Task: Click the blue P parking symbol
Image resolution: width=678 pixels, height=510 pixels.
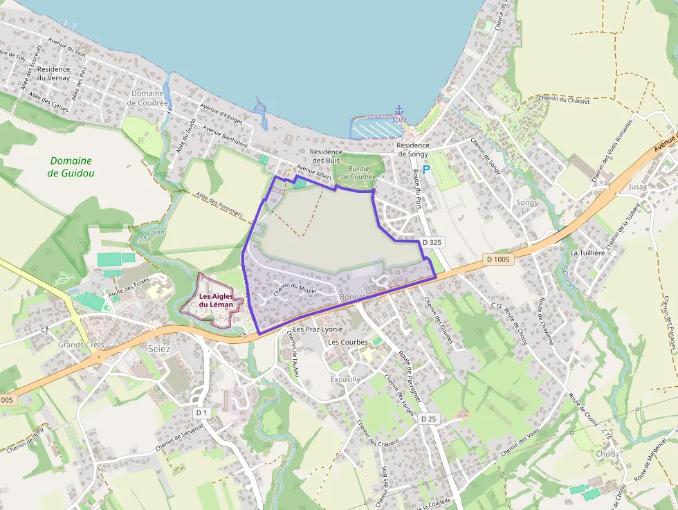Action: [x=426, y=169]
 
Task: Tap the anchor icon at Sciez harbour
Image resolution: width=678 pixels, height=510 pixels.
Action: [x=398, y=110]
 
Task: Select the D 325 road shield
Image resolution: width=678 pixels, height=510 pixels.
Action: [x=431, y=243]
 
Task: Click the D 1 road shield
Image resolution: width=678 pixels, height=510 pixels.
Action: [x=201, y=412]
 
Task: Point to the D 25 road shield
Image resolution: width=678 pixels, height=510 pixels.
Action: [x=428, y=419]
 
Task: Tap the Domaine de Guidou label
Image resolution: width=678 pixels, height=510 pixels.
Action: [x=71, y=167]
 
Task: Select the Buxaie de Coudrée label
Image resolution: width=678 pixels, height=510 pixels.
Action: [x=358, y=172]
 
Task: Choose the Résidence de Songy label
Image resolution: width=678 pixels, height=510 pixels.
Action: [x=413, y=150]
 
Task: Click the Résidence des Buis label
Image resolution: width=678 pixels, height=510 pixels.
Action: [x=326, y=156]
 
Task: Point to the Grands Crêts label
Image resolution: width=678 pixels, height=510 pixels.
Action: [x=80, y=345]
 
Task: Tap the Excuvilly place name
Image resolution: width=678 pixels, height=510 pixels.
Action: [x=345, y=380]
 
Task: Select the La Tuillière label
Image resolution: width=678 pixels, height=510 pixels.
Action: [x=588, y=253]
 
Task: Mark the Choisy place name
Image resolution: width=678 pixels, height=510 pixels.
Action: [x=607, y=454]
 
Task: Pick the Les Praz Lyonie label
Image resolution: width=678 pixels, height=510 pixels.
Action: [x=318, y=329]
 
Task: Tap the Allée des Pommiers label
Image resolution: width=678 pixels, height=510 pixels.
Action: [x=220, y=205]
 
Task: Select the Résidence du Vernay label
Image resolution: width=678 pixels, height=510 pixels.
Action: [x=54, y=73]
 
